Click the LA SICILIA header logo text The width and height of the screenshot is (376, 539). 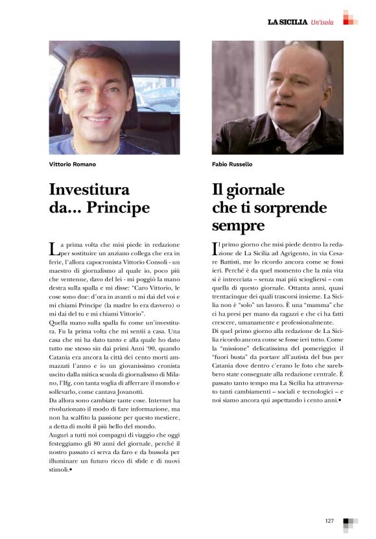(288, 22)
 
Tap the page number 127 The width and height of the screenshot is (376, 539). (329, 520)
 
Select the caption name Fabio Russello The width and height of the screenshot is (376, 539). (233, 165)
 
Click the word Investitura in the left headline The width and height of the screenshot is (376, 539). (89, 190)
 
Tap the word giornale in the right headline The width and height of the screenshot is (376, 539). (254, 190)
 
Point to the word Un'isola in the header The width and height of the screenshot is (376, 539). (322, 22)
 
